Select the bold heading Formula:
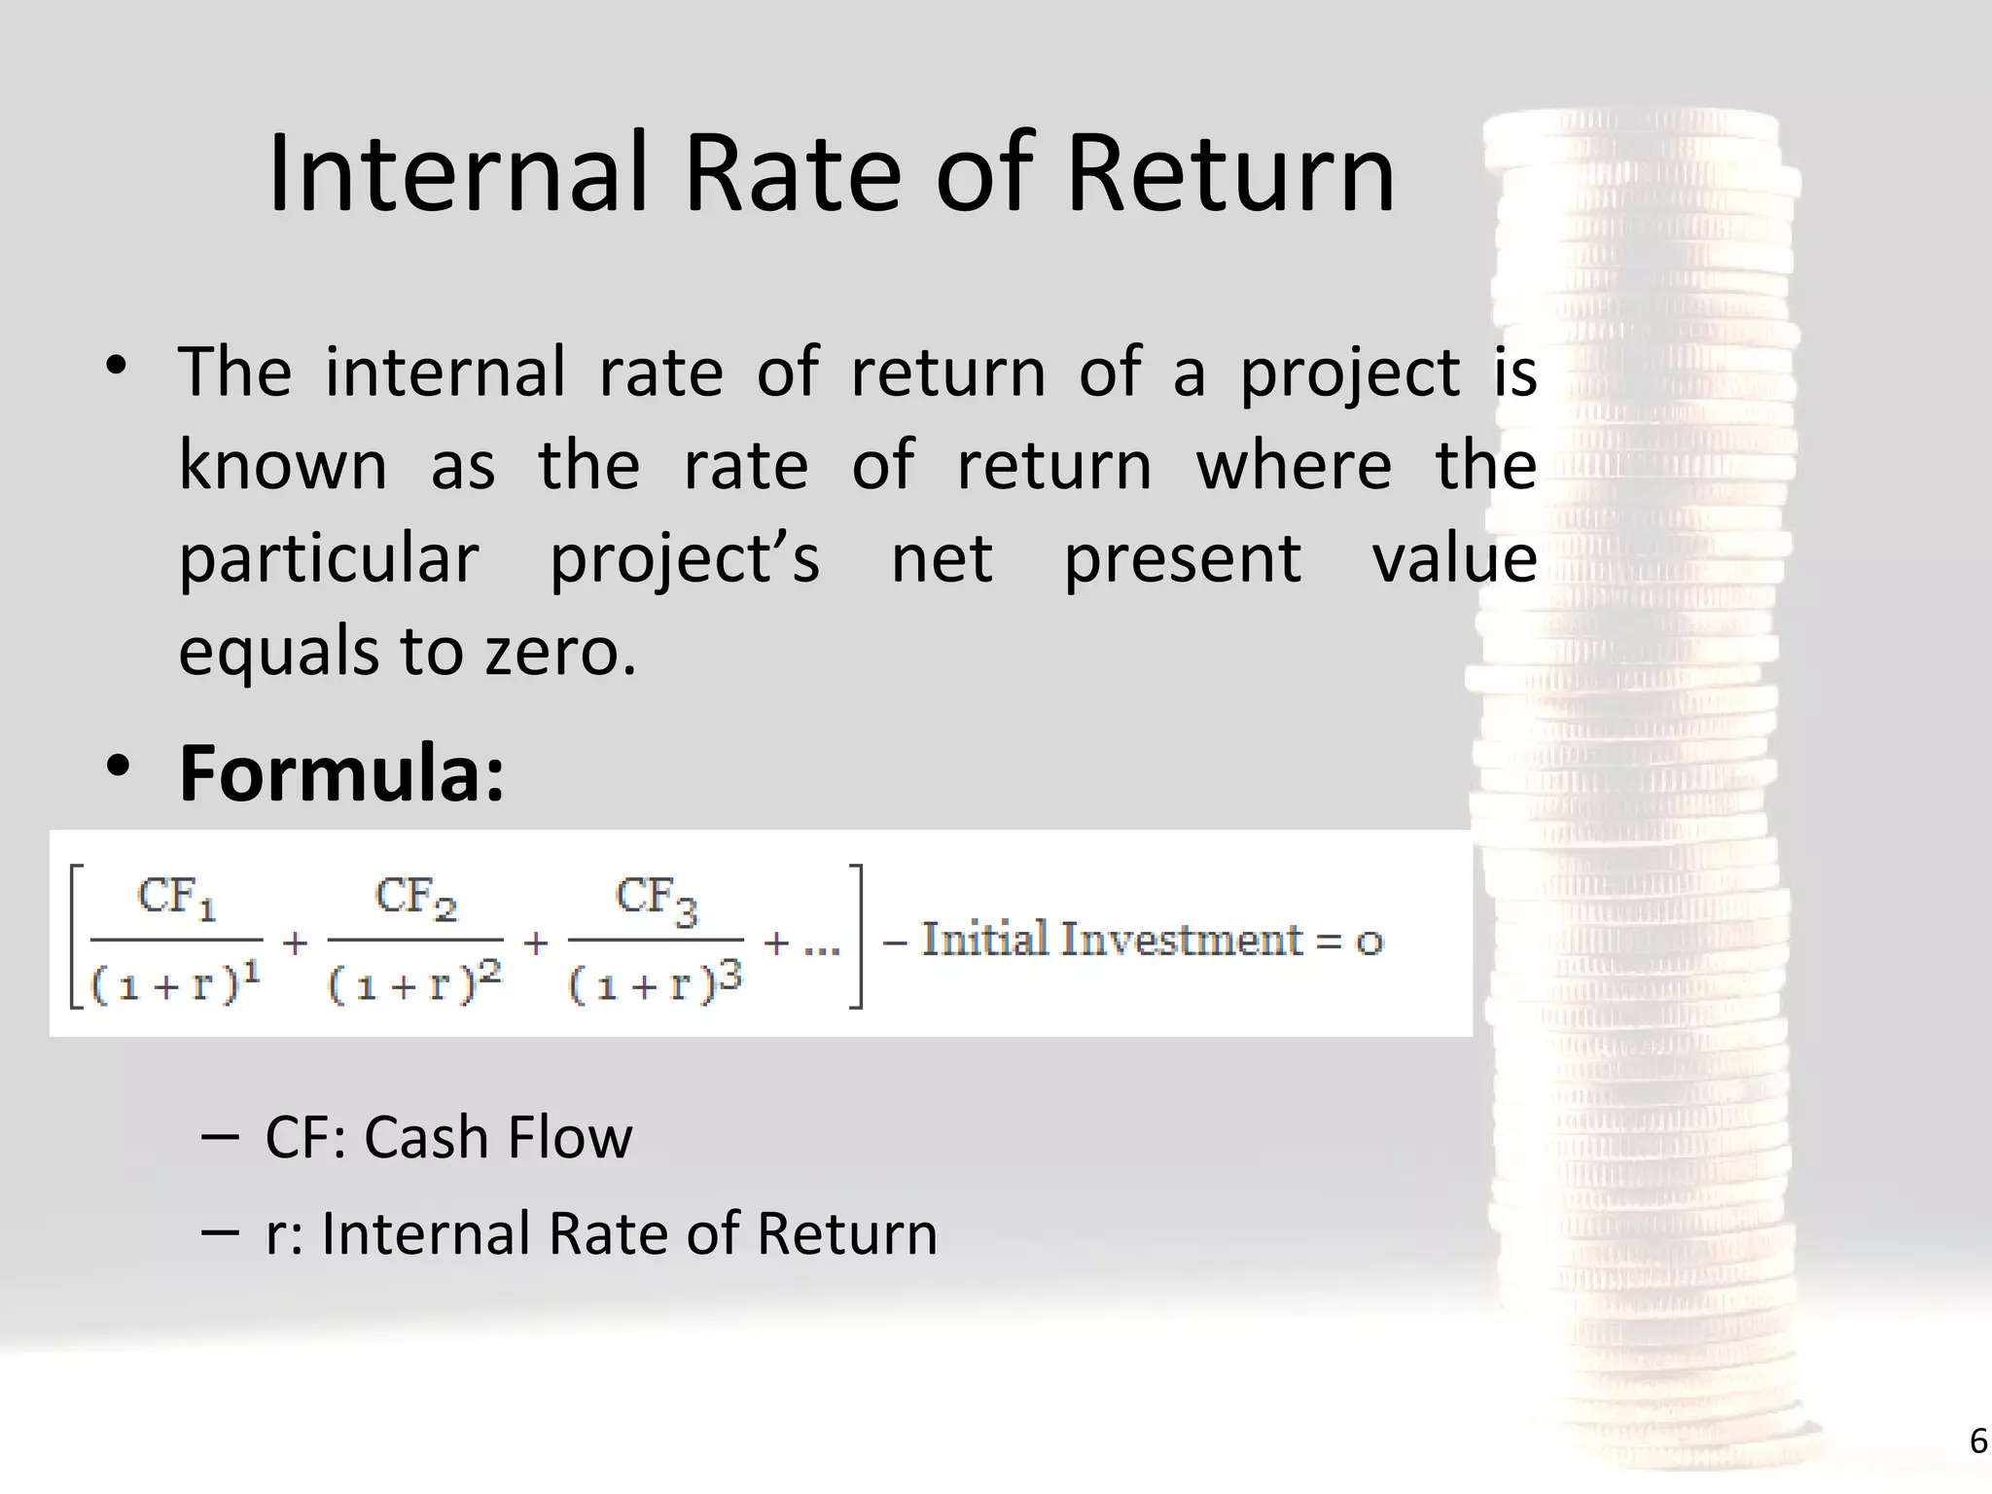[341, 773]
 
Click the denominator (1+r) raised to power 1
[176, 984]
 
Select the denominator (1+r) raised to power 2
[415, 984]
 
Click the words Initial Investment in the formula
[1112, 940]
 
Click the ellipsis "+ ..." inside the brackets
[801, 943]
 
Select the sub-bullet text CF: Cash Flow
[448, 1137]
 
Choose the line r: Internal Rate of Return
[601, 1233]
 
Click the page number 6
[1977, 1441]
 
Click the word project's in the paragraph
[685, 559]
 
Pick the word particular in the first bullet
[329, 559]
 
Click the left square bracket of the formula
[76, 936]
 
